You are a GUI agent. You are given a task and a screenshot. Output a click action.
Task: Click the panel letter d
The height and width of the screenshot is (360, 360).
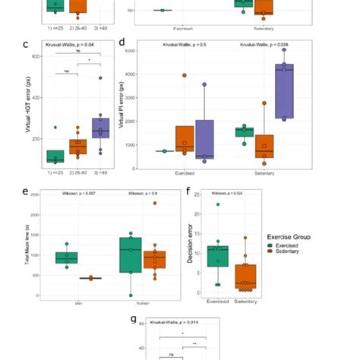[122, 44]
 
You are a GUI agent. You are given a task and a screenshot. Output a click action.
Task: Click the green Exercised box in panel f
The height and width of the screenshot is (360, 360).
[217, 257]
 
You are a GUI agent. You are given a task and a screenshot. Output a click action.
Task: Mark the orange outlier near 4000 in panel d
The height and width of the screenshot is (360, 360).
[185, 75]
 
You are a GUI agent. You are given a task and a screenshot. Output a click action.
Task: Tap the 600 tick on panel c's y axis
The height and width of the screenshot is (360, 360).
[34, 57]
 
